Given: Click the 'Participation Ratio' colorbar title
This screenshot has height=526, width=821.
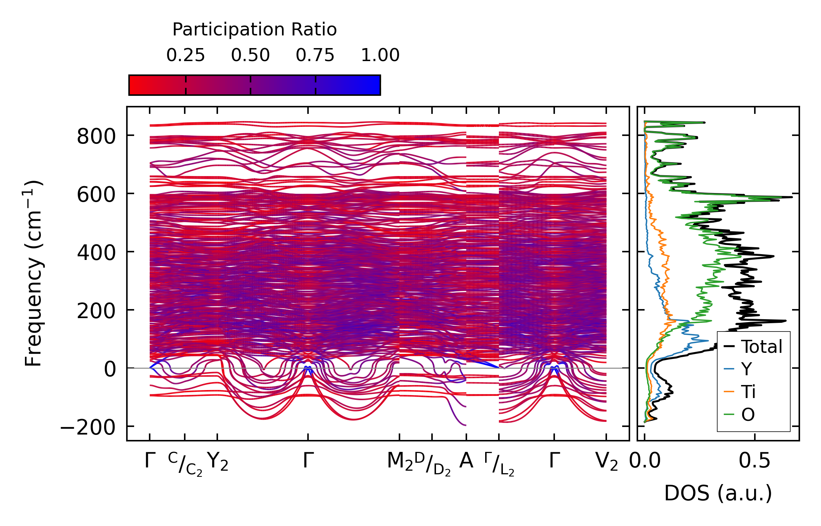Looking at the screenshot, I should (255, 30).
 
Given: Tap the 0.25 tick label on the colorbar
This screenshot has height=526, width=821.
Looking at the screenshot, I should (185, 55).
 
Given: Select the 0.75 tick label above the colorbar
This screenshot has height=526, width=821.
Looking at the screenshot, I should (315, 55).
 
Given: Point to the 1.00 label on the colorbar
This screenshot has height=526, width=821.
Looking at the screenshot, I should (380, 55).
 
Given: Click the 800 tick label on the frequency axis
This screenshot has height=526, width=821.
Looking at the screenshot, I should (96, 137).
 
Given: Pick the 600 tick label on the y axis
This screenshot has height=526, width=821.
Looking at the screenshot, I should (96, 195).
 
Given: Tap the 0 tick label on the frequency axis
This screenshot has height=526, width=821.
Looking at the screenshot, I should (110, 369).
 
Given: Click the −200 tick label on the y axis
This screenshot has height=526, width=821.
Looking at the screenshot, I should (88, 428).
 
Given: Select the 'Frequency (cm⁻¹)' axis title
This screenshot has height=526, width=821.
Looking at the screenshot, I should (34, 274).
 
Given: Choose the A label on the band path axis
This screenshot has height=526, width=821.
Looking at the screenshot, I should (466, 461).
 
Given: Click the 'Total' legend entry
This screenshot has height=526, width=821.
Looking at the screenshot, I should (762, 347).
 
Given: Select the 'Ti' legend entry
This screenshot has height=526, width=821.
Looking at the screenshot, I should (748, 392).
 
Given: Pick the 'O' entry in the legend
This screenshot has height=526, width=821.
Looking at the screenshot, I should (748, 415).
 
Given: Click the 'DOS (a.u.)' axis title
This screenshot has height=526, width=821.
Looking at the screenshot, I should (718, 493).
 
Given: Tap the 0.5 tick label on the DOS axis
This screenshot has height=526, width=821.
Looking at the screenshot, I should (754, 461).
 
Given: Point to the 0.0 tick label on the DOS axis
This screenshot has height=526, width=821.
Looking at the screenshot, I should (645, 461).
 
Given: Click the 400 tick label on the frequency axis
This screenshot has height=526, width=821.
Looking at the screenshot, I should (96, 253).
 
